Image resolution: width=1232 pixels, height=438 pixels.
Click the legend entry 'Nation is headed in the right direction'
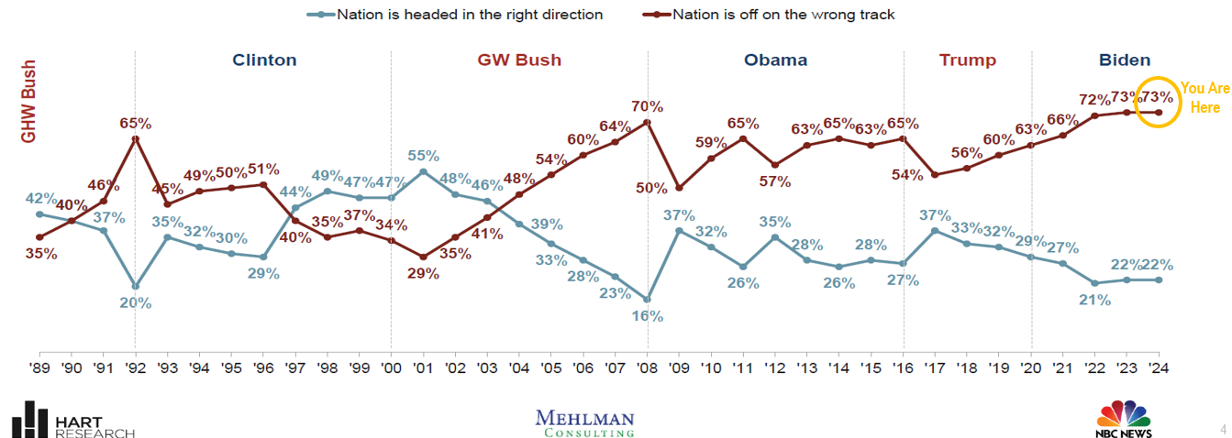click(469, 14)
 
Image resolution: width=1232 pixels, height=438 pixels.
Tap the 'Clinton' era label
click(264, 60)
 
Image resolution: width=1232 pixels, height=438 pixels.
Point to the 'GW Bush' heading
click(519, 60)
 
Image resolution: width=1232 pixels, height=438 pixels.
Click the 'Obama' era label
click(775, 60)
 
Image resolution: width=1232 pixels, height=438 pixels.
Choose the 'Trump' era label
click(967, 60)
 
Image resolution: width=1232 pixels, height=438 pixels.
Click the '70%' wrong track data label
click(648, 106)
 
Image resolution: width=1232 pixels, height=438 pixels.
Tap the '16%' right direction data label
click(647, 316)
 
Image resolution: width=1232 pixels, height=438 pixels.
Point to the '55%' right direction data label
click(422, 156)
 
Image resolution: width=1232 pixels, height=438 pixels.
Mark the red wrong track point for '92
click(136, 139)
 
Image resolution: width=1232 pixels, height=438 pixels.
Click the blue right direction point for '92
click(136, 286)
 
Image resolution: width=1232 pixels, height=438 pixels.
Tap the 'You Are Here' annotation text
click(1205, 98)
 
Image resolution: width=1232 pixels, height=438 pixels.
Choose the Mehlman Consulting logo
click(584, 422)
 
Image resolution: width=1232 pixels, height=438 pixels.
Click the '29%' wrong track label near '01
click(423, 274)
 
